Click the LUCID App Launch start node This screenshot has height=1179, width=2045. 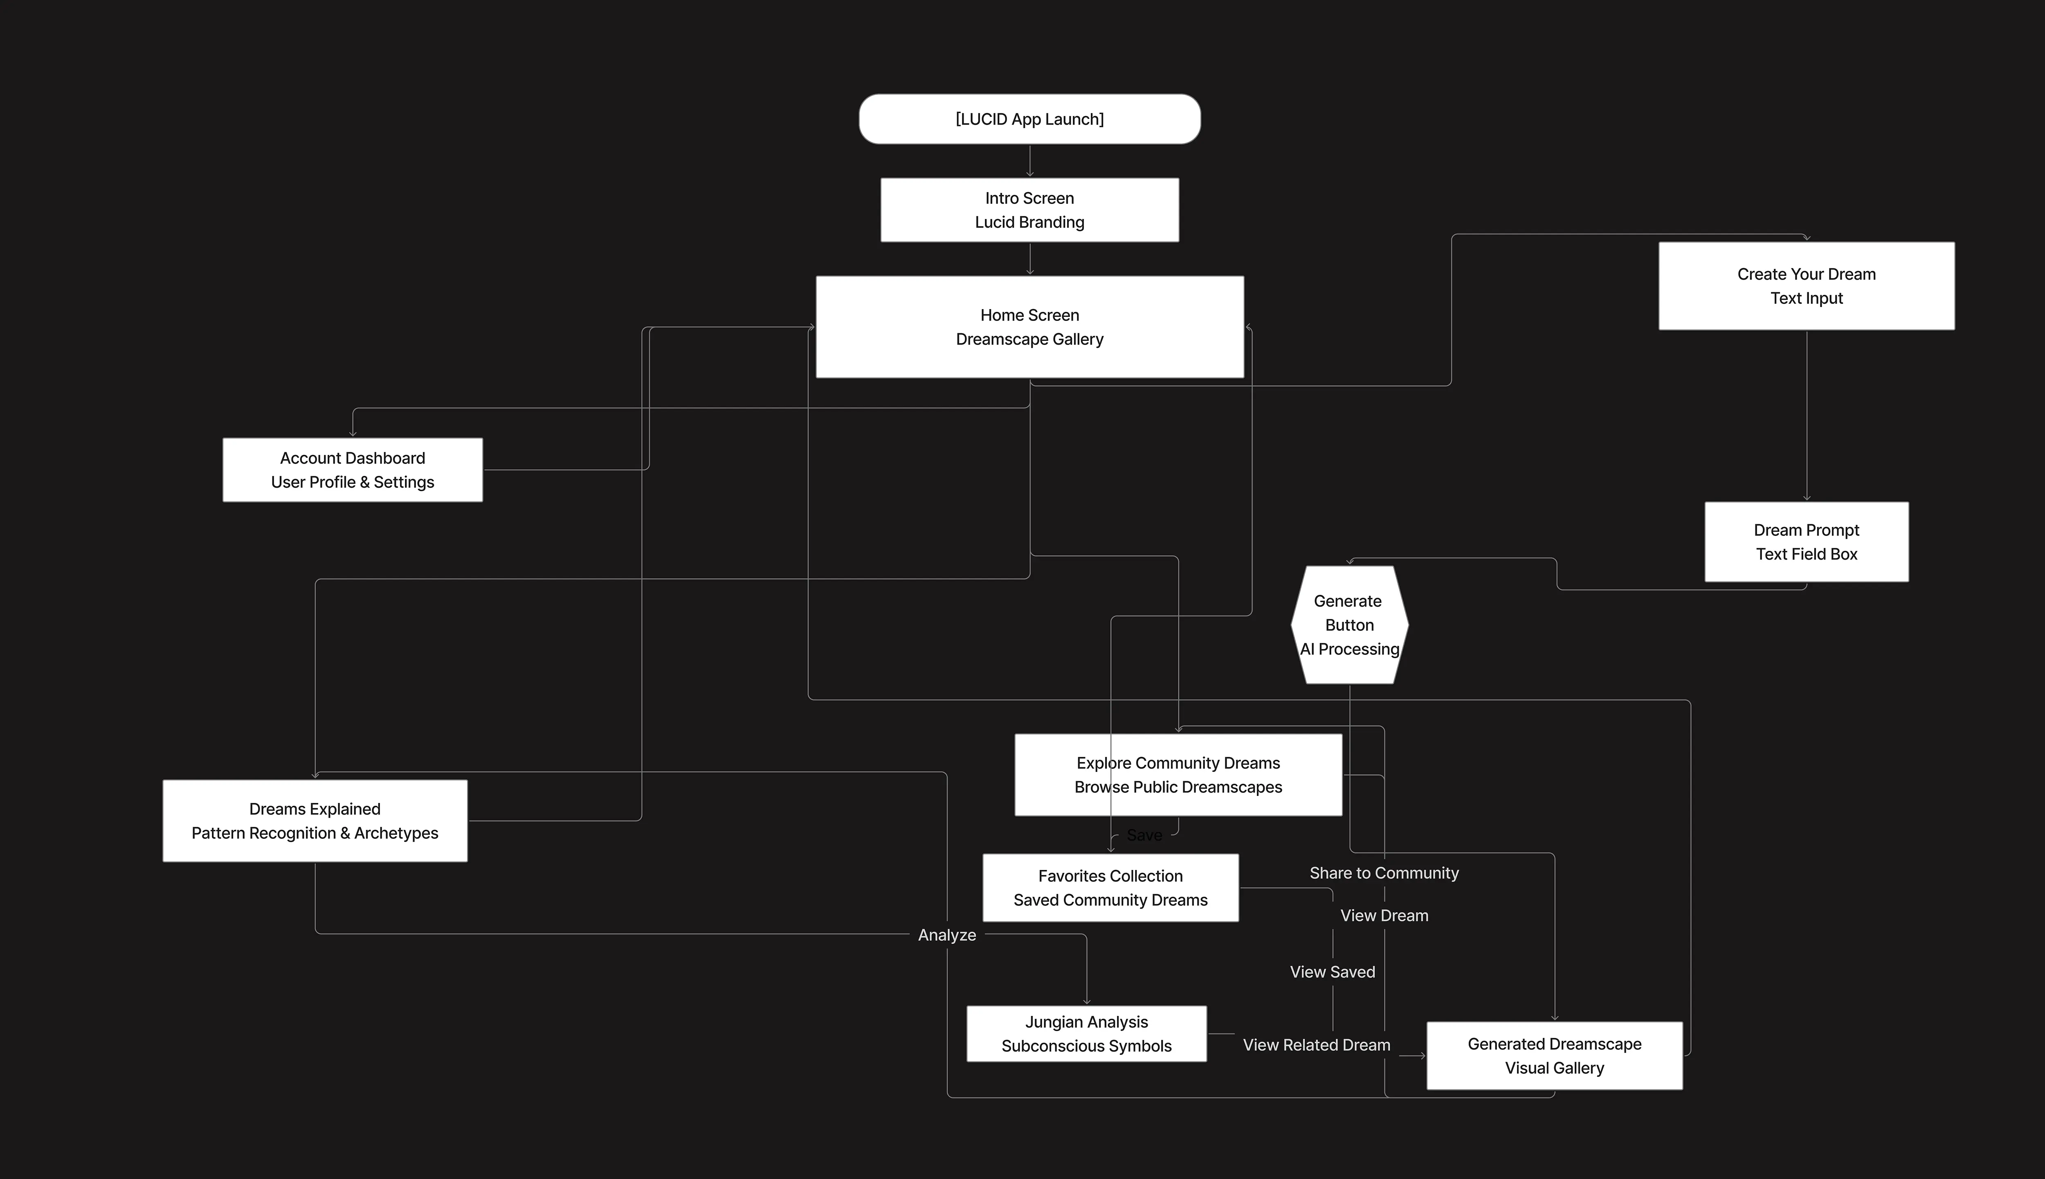1029,119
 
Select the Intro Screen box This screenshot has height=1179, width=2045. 1029,210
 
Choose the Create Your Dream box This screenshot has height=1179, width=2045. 1806,286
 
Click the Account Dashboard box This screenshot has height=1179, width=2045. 352,470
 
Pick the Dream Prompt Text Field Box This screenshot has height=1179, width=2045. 1806,542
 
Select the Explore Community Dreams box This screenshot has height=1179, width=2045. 1178,775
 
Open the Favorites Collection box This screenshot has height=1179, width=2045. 1110,888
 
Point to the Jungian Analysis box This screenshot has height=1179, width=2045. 1086,1033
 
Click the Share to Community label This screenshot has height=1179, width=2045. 1384,873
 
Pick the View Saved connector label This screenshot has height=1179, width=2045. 1332,972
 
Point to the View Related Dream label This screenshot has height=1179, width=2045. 1316,1045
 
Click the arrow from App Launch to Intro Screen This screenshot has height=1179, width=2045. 1029,161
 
